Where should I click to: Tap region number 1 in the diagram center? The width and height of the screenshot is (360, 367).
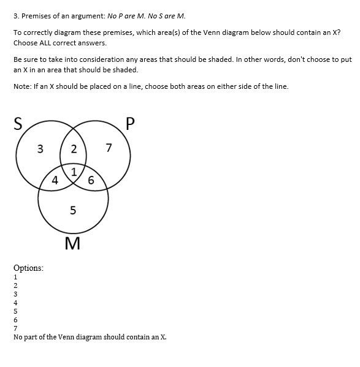(x=74, y=171)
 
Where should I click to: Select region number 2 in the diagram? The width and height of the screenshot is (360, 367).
(x=74, y=149)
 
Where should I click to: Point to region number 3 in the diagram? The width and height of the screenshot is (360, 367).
(x=40, y=148)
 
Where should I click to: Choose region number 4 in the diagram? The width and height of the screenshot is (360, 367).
(x=55, y=180)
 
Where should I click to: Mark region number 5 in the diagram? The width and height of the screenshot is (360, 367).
(x=74, y=211)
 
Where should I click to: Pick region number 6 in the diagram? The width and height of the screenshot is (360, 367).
(x=91, y=180)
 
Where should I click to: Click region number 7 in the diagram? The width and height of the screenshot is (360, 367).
(x=109, y=148)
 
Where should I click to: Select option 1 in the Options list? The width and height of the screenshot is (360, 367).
(x=15, y=276)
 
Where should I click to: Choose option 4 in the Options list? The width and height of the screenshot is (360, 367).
(x=15, y=302)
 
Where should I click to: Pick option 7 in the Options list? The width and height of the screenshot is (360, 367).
(x=15, y=328)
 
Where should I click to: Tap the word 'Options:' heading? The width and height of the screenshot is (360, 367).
(x=28, y=268)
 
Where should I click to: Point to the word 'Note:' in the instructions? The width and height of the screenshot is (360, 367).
(x=23, y=86)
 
